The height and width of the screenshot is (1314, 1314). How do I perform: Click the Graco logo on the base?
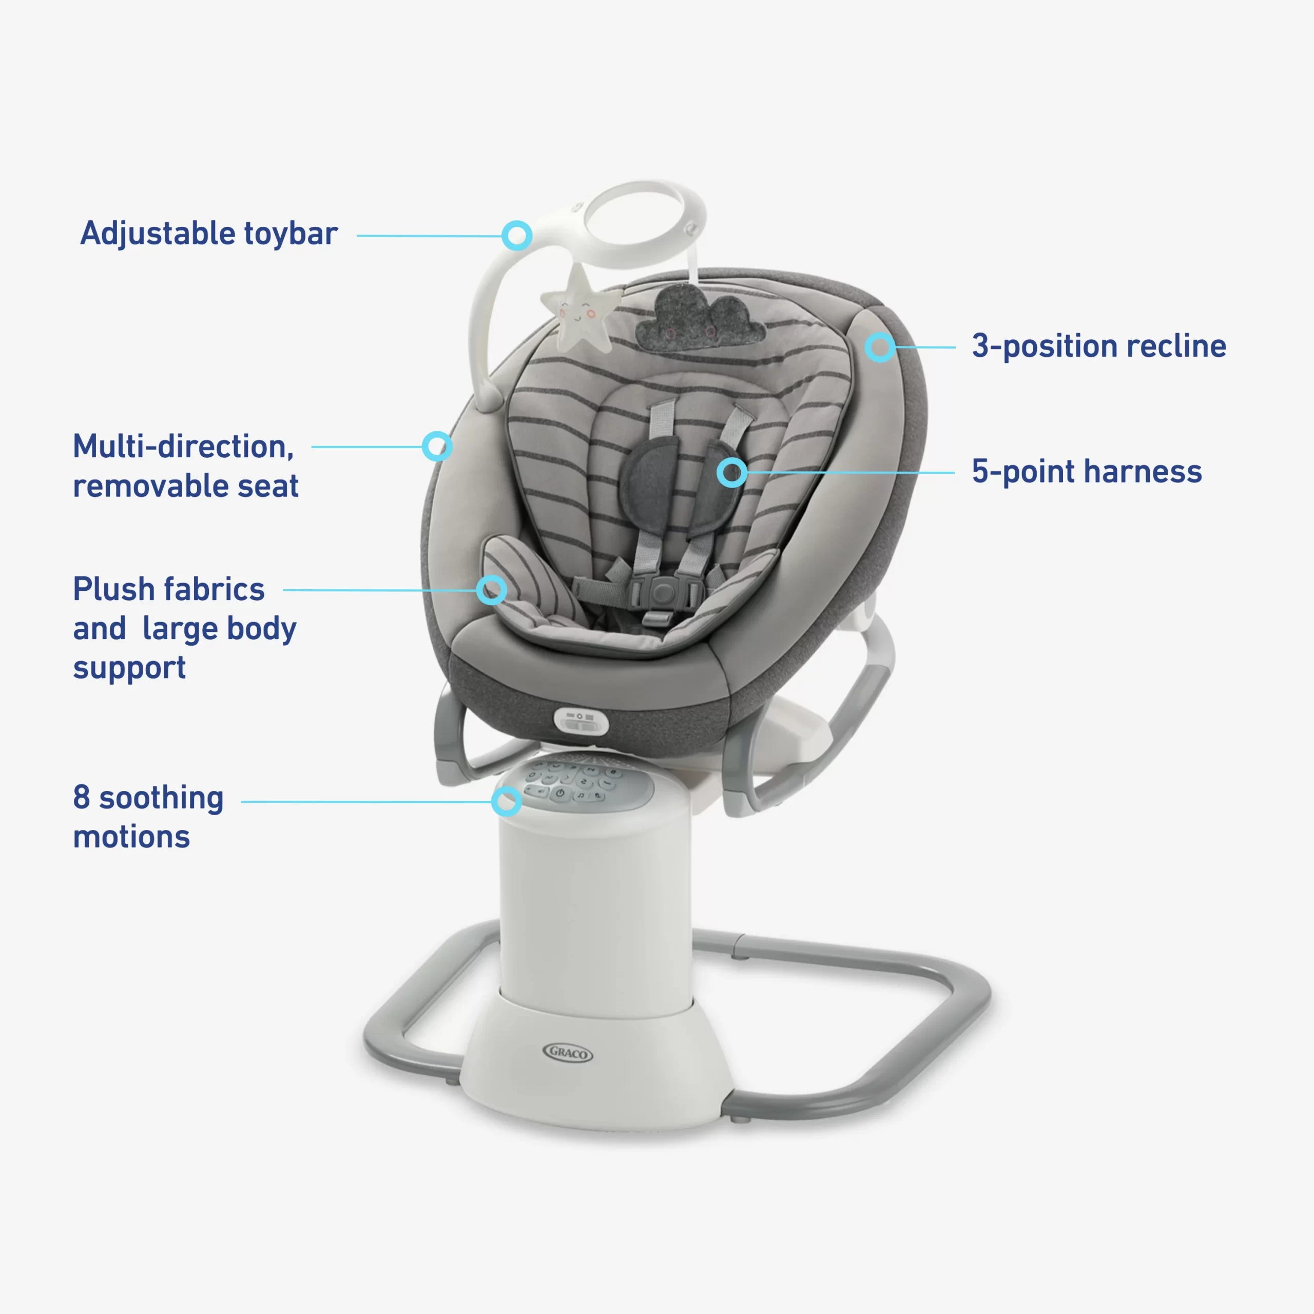[x=568, y=1053]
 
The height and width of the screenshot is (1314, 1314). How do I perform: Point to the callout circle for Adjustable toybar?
[x=517, y=235]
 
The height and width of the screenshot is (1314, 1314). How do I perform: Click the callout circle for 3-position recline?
[x=880, y=347]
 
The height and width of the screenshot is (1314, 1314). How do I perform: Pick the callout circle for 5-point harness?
[x=732, y=472]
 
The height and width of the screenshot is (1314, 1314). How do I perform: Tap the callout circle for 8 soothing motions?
[x=507, y=801]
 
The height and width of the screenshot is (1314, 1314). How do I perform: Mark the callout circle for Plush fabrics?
[x=491, y=590]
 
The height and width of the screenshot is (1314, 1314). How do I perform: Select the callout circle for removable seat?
[x=437, y=446]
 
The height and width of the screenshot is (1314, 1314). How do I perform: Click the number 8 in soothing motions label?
[x=82, y=797]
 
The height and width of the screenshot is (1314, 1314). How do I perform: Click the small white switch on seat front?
[x=581, y=721]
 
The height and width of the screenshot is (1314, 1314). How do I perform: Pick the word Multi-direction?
[x=183, y=447]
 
